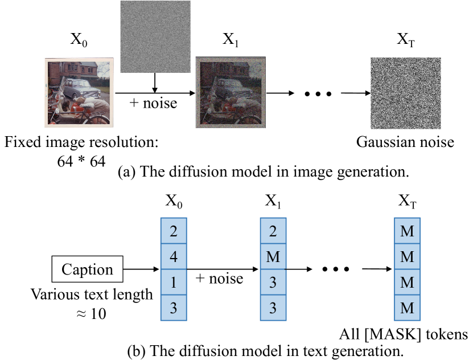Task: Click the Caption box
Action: tap(87, 269)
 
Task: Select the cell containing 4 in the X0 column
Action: tap(174, 256)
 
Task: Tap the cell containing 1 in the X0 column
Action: tap(174, 282)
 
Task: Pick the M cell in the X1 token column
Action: tap(273, 256)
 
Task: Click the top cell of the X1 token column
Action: tap(273, 231)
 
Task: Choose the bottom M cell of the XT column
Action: tap(407, 308)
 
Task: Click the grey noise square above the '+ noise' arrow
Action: tap(155, 36)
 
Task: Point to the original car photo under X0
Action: tap(79, 92)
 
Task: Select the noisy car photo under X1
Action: tap(231, 92)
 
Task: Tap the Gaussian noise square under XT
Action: tap(406, 93)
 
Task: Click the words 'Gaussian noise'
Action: tap(405, 142)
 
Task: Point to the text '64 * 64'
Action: tap(81, 161)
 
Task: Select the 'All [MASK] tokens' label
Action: tap(404, 334)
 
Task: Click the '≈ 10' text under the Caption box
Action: tap(91, 313)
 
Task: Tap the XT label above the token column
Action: tap(407, 201)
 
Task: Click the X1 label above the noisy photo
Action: tap(231, 39)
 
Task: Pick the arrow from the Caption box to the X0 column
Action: tap(141, 269)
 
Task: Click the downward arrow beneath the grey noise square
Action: tap(155, 83)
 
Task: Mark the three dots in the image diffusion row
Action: tap(318, 94)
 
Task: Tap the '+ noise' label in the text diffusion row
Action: tap(219, 278)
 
